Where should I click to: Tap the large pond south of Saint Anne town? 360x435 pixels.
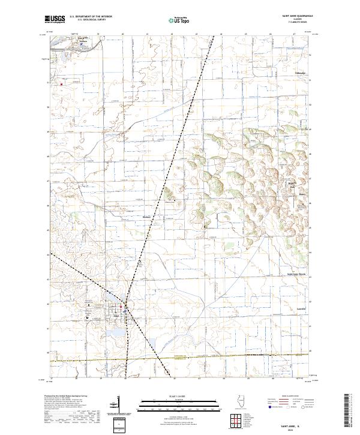(115, 331)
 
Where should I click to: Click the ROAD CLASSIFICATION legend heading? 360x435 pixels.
(290, 397)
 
